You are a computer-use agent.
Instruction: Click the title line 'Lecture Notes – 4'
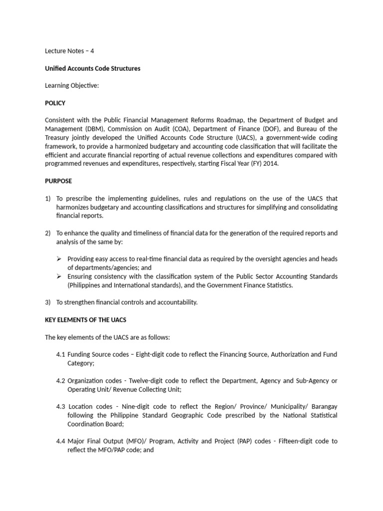[69, 51]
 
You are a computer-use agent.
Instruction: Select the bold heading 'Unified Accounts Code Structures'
[92, 68]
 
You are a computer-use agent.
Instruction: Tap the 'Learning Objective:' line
[72, 86]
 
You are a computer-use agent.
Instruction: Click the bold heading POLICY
[55, 103]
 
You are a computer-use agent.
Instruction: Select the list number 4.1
[61, 354]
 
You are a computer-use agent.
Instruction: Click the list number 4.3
[61, 407]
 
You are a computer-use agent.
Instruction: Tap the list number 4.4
[61, 441]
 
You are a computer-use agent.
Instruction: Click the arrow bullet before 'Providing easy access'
[59, 259]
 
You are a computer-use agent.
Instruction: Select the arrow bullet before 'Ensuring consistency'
[59, 276]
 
